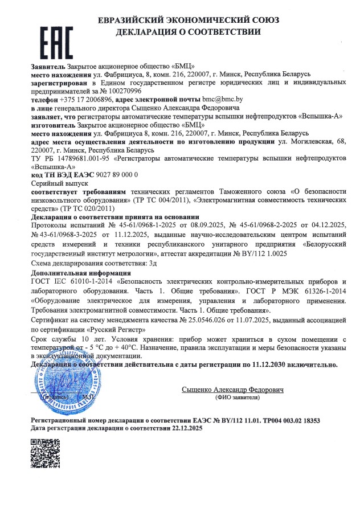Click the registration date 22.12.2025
coord(186,427)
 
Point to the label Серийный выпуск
coord(56,184)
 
